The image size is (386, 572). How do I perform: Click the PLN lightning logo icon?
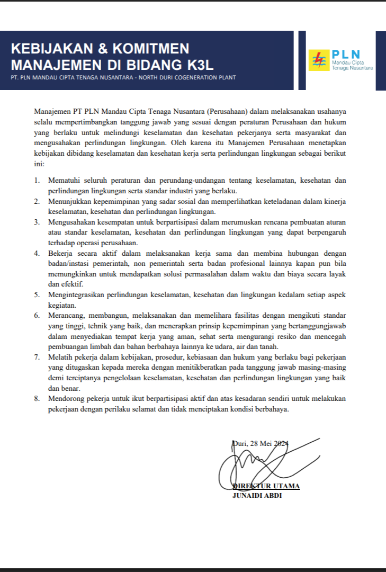(x=319, y=60)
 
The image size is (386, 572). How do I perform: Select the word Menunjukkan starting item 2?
(x=70, y=201)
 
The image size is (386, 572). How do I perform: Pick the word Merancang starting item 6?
(x=67, y=315)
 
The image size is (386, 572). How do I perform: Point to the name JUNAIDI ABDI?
(x=257, y=496)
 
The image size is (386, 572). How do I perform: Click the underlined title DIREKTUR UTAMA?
(x=266, y=486)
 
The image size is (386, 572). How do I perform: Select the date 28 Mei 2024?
(x=268, y=443)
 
